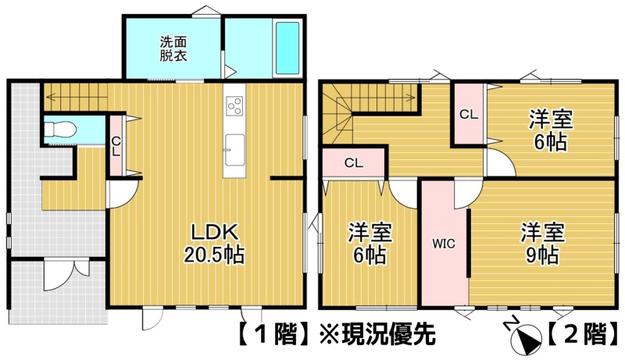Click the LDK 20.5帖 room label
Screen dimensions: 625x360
pos(214,244)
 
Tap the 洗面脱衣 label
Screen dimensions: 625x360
pos(173,48)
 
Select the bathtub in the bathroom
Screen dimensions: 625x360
pos(287,48)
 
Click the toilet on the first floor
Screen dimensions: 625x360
pos(60,130)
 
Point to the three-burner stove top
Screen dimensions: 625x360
pos(235,105)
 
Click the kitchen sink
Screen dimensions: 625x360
pos(235,150)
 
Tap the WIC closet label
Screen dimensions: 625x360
pos(444,244)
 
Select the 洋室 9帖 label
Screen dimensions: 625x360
pos(542,244)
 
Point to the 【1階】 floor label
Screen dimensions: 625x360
pos(273,333)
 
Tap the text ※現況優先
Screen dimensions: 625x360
pos(377,333)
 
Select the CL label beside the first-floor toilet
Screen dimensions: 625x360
pos(116,147)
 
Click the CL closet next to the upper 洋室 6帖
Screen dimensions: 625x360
pos(469,115)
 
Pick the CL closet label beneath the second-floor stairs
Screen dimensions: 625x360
pos(354,163)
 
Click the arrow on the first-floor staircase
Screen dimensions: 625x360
pos(76,96)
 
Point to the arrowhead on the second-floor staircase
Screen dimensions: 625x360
pos(414,96)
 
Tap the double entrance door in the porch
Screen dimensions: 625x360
pos(66,275)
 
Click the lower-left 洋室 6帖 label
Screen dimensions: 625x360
pos(370,244)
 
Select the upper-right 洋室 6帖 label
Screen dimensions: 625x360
pos(551,130)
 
